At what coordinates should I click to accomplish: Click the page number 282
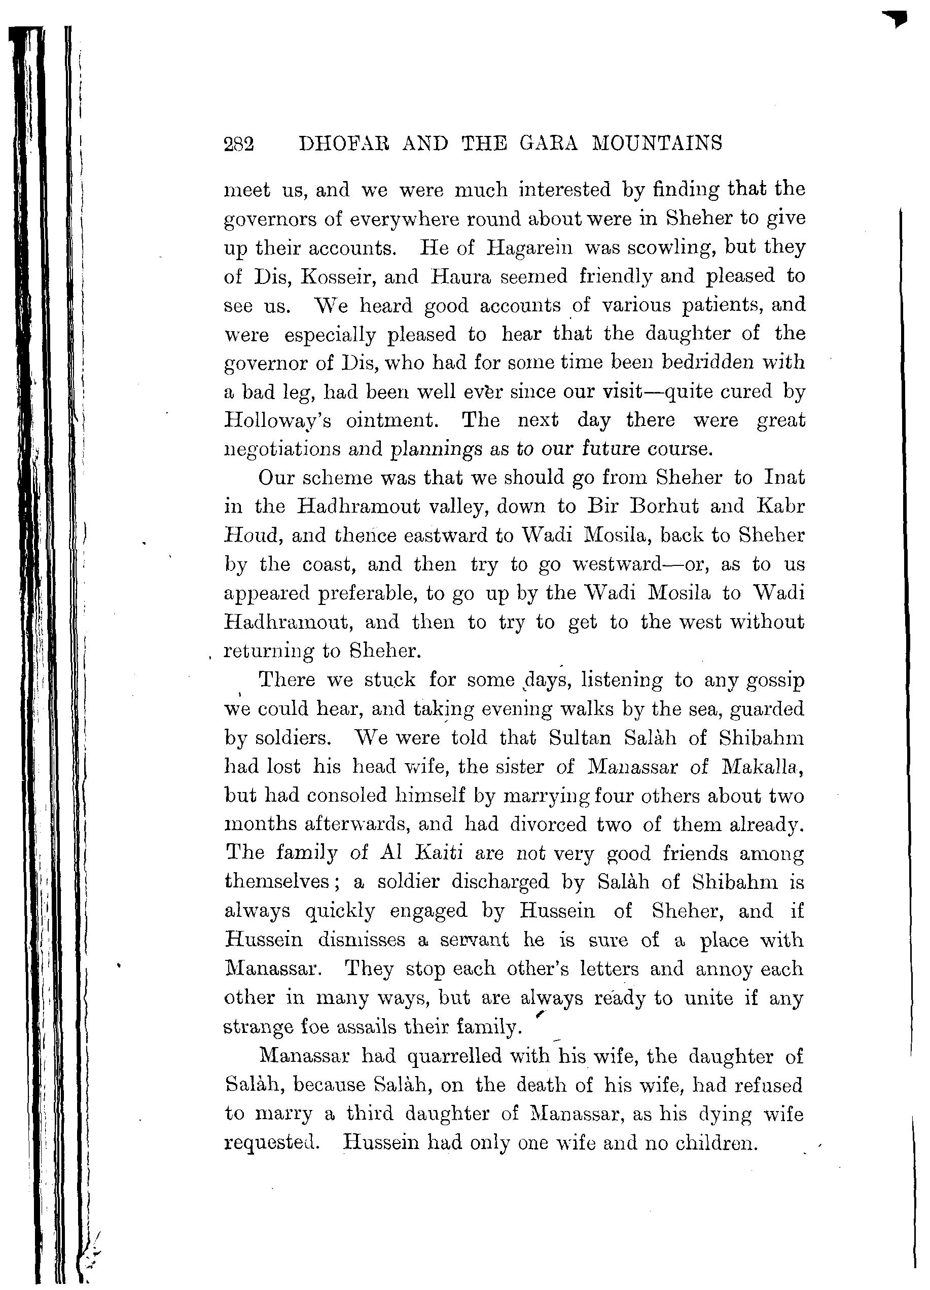pyautogui.click(x=239, y=144)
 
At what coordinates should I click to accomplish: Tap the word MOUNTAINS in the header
pyautogui.click(x=657, y=143)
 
